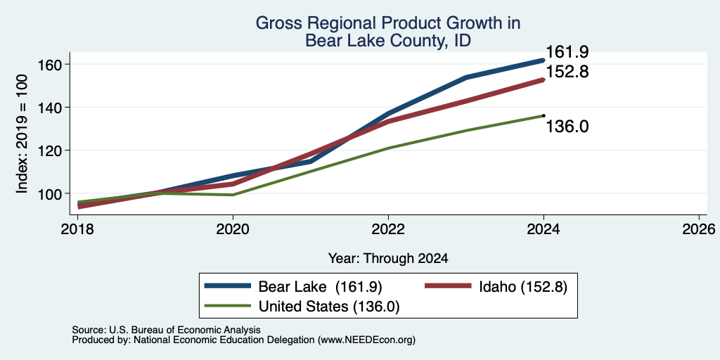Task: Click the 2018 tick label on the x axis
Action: tap(77, 229)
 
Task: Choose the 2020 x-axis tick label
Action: tap(233, 229)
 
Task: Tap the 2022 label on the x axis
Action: tap(388, 229)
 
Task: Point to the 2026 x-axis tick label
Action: tap(699, 229)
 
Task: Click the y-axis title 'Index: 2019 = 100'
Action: tap(22, 134)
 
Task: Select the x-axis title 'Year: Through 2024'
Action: tap(388, 259)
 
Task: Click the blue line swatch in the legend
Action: tap(229, 286)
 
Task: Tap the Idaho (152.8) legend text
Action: tap(523, 287)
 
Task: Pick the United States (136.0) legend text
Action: tap(329, 307)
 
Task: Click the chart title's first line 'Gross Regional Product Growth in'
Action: tap(388, 22)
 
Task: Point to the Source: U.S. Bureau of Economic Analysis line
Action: tap(166, 330)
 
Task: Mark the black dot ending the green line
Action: tap(544, 116)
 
